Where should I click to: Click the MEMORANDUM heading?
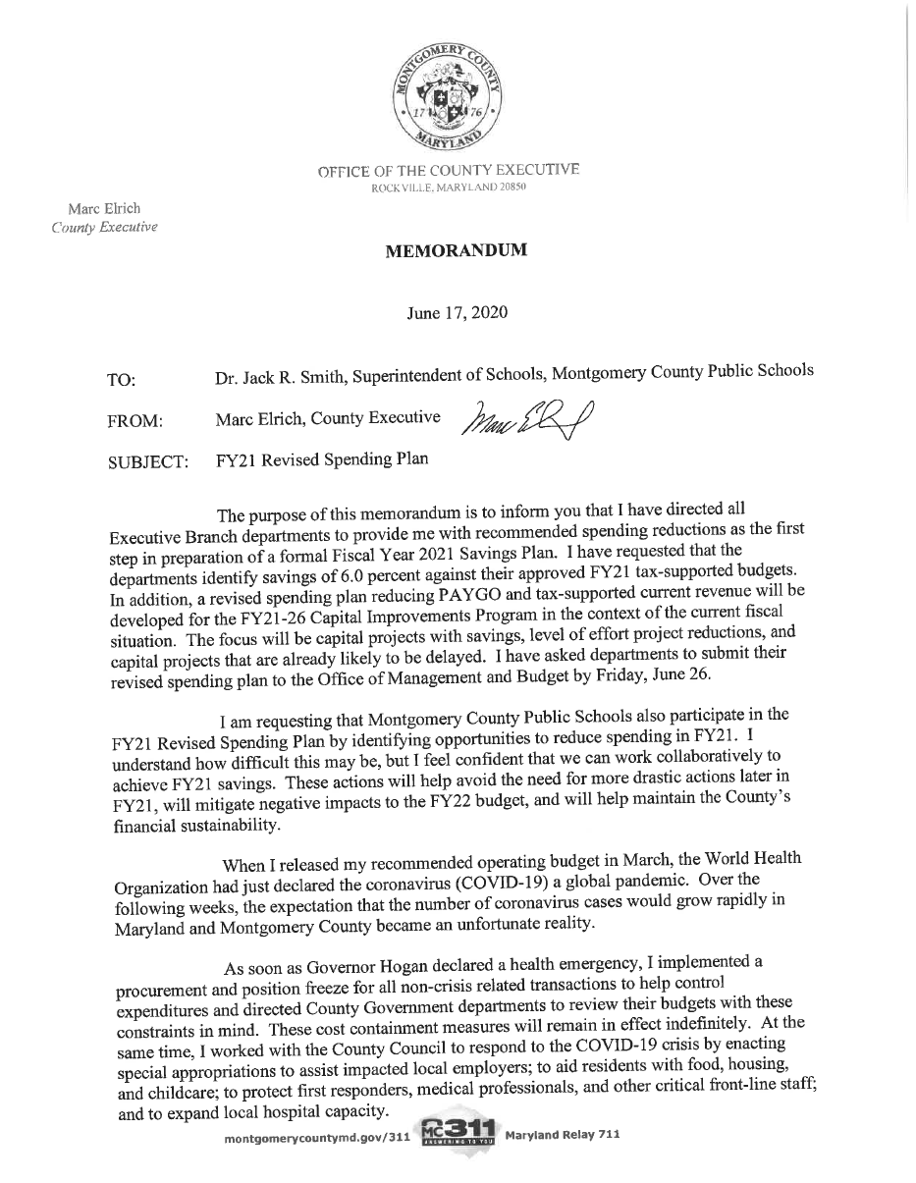(x=456, y=250)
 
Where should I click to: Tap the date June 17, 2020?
(x=457, y=312)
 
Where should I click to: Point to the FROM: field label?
(x=135, y=421)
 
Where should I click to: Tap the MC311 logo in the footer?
(x=458, y=1137)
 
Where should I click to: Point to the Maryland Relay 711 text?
(x=562, y=1136)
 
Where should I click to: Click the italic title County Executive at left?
(x=104, y=228)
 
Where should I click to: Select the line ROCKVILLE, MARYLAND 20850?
(x=448, y=187)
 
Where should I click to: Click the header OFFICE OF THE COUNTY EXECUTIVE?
(x=448, y=171)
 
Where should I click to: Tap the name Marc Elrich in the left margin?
(x=104, y=209)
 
